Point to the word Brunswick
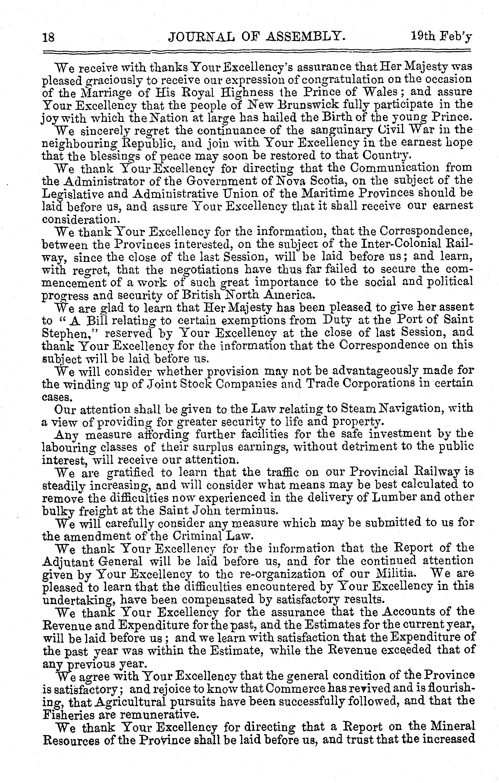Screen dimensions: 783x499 pyautogui.click(x=313, y=104)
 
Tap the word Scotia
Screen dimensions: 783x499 pyautogui.click(x=327, y=180)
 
